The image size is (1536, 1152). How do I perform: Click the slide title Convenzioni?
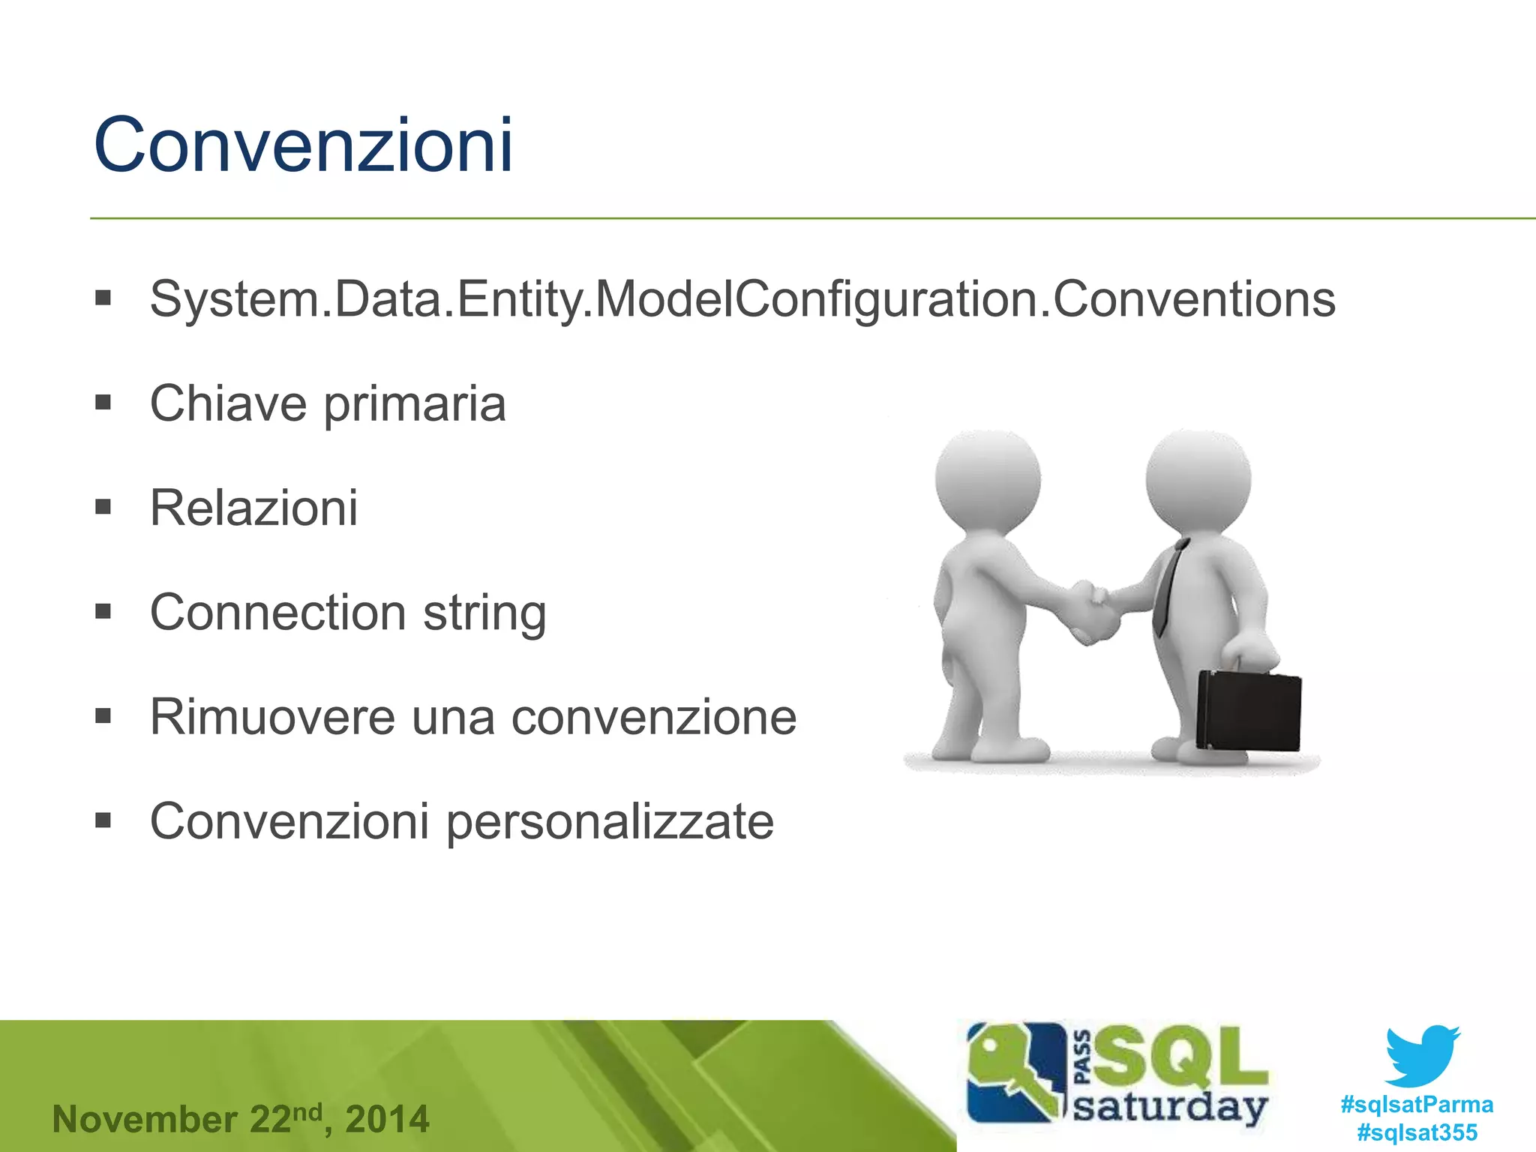(303, 145)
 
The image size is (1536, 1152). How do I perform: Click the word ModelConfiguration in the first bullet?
(816, 299)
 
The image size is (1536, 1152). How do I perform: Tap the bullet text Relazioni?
(253, 508)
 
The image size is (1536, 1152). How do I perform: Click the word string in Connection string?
(484, 613)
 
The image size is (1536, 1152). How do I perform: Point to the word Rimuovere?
(271, 717)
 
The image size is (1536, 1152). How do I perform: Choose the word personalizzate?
(610, 821)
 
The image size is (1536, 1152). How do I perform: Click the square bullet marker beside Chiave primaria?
(103, 403)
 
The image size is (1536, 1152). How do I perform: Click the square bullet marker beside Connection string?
(103, 611)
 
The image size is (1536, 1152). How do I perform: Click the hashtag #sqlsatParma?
(1417, 1105)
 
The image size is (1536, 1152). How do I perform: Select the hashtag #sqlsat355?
(1417, 1132)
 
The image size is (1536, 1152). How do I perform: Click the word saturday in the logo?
(1170, 1107)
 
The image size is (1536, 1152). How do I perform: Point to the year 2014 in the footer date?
(388, 1120)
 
